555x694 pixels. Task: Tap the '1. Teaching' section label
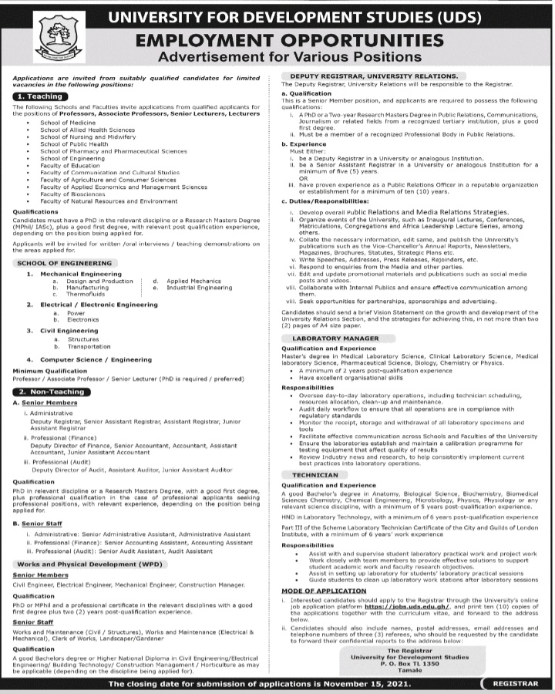39,96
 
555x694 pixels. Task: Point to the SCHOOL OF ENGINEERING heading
64,263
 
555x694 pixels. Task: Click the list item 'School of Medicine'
68,123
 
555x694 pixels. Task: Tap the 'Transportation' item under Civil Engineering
89,346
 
